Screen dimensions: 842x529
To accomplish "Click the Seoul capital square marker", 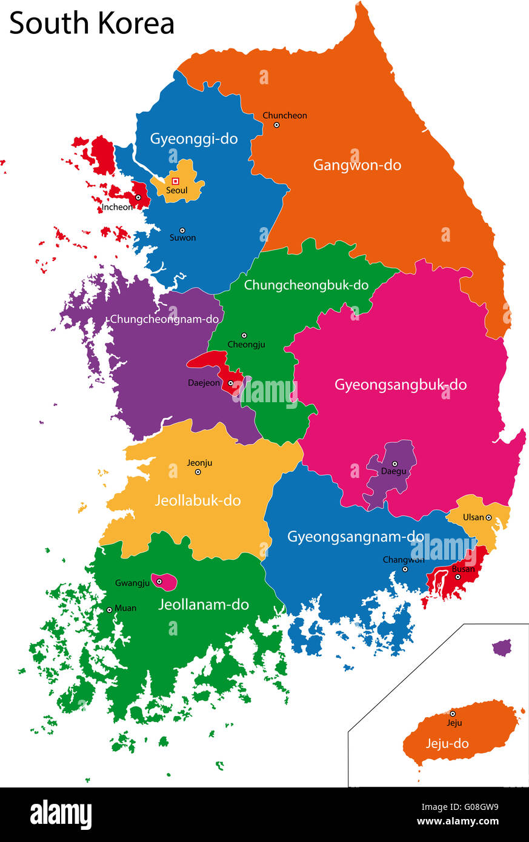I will pos(176,181).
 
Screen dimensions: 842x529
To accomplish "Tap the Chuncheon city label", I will pos(284,115).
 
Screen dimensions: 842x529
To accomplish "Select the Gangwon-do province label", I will pos(357,165).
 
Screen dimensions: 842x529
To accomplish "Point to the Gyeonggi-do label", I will pos(194,139).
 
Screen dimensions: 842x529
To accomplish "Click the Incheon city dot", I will pos(138,197).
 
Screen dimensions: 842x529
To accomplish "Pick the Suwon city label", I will pos(182,238).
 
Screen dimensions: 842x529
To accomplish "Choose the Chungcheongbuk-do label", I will pos(306,285).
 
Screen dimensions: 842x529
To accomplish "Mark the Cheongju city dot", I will pos(244,335).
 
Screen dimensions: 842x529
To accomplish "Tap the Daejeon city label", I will pos(204,383).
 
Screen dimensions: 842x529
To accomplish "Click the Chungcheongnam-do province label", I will pos(164,319).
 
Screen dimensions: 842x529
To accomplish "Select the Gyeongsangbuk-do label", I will pos(401,385).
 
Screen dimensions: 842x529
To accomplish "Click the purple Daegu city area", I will pos(391,479).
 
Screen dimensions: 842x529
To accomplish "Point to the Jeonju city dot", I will pos(198,472).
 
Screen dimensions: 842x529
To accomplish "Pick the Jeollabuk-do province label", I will pos(198,500).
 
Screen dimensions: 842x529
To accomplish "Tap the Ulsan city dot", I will pos(488,517).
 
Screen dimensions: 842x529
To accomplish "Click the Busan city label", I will pos(463,569).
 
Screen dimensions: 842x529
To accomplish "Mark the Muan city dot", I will pos(110,610).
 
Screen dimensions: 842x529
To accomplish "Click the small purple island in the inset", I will pos(502,648).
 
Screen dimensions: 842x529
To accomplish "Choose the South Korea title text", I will pos(91,23).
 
